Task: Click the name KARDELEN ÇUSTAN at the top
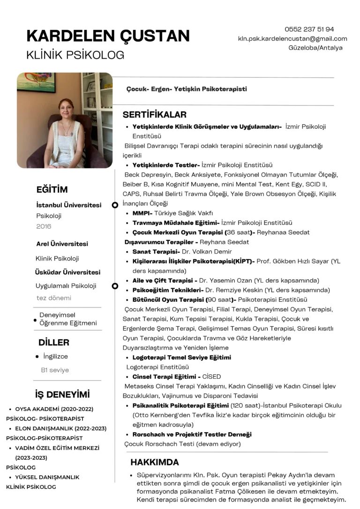pos(108,36)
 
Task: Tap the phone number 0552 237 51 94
pos(309,29)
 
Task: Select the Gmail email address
pos(292,38)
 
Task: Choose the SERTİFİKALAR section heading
pos(155,115)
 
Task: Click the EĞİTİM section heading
pos(52,190)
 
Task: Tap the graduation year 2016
pos(44,226)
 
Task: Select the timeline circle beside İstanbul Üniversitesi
pos(115,205)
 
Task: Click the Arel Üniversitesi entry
pos(62,244)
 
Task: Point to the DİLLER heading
pos(54,343)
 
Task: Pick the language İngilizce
pos(55,356)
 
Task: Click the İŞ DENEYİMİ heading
pos(62,394)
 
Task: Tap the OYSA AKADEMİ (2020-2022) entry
pos(54,409)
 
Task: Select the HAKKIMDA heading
pos(155,462)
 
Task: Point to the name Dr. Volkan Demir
pos(207,252)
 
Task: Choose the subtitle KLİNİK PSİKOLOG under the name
pos(75,55)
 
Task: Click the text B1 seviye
pos(55,370)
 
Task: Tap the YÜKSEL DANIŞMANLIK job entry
pos(47,477)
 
